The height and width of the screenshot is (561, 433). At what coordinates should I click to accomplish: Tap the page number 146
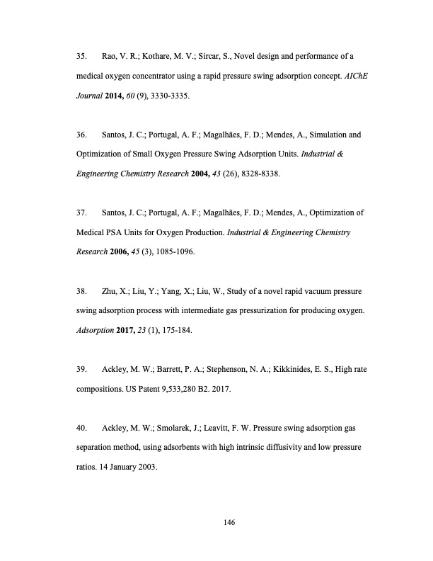(228, 522)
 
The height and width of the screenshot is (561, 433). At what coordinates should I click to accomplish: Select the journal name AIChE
(354, 74)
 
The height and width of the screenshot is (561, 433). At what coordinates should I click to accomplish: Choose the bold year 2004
(195, 171)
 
